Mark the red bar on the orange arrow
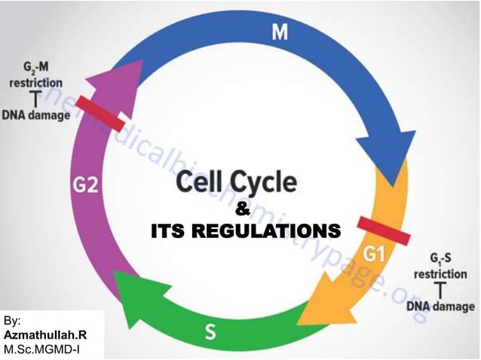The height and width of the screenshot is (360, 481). coord(384,231)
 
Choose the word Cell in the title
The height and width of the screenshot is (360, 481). coord(198,182)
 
